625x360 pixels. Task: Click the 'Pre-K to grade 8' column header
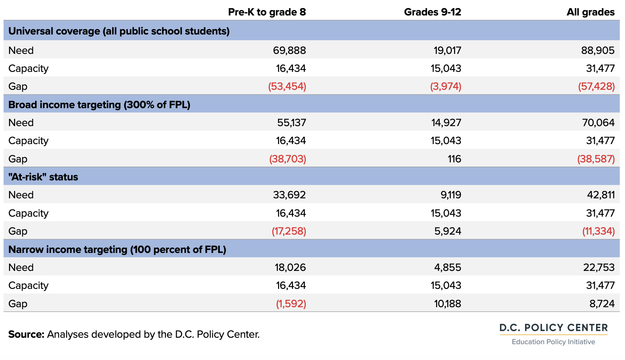pyautogui.click(x=267, y=12)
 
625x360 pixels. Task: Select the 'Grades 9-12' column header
pyautogui.click(x=432, y=12)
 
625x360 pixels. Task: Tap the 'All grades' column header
pyautogui.click(x=591, y=12)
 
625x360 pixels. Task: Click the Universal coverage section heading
pyautogui.click(x=119, y=31)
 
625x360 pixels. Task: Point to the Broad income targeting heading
pyautogui.click(x=99, y=105)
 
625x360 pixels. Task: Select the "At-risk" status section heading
pyautogui.click(x=43, y=177)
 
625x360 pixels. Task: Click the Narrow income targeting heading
pyautogui.click(x=117, y=249)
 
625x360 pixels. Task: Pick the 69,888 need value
pyautogui.click(x=290, y=50)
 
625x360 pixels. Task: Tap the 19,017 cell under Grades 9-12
pyautogui.click(x=448, y=50)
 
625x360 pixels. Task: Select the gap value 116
pyautogui.click(x=454, y=159)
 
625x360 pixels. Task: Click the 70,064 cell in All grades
pyautogui.click(x=598, y=123)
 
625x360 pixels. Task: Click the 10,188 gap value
pyautogui.click(x=448, y=304)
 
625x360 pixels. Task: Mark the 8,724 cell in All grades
pyautogui.click(x=602, y=304)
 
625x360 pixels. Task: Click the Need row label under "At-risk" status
pyautogui.click(x=21, y=195)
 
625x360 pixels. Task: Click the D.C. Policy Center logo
pyautogui.click(x=554, y=334)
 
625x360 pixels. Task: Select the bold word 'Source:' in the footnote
pyautogui.click(x=26, y=334)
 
